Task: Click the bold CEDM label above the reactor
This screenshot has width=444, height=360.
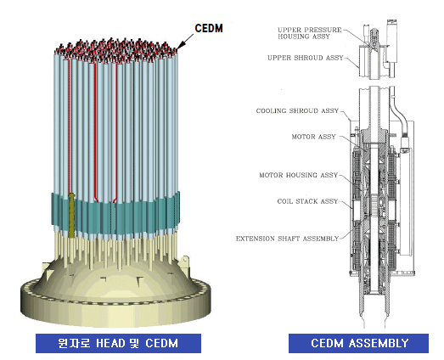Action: (x=209, y=28)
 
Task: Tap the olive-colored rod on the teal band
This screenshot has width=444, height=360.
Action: (x=71, y=216)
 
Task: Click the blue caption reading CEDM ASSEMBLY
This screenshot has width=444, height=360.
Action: (x=359, y=343)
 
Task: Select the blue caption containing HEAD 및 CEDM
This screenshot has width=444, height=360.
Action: (x=118, y=343)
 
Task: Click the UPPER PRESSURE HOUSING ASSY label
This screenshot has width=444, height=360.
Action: (x=310, y=33)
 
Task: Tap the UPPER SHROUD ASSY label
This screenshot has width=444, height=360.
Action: (x=306, y=58)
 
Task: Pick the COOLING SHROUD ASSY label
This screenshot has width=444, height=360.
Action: (x=297, y=110)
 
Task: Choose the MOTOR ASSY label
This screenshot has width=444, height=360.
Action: (x=313, y=137)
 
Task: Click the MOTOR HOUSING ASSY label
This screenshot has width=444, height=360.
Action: (x=299, y=175)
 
